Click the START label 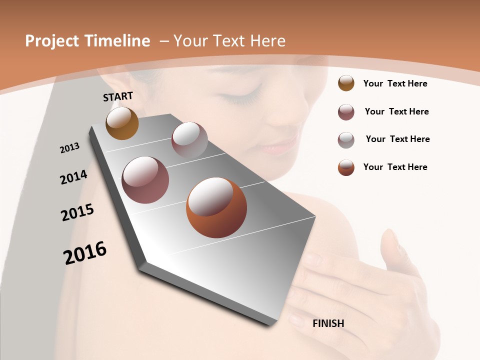[x=118, y=96]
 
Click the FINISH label [x=328, y=323]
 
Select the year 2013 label [x=69, y=148]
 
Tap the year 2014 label [x=73, y=177]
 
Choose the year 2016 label [x=85, y=253]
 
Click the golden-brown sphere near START [x=122, y=123]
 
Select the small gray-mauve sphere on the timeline [x=189, y=140]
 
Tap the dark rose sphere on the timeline [x=145, y=180]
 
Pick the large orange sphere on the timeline [x=216, y=207]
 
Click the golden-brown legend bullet [x=346, y=83]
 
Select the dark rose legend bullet [x=346, y=112]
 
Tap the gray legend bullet [x=346, y=139]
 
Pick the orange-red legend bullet [x=346, y=167]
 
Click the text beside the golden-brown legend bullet [x=395, y=83]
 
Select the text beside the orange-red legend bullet [x=395, y=167]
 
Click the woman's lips [x=272, y=147]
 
